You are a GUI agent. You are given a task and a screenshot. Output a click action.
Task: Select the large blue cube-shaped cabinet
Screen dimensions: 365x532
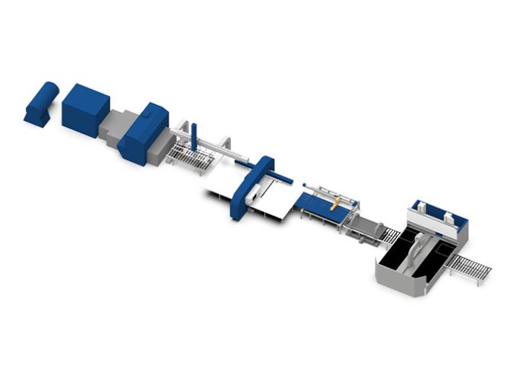[x=85, y=109]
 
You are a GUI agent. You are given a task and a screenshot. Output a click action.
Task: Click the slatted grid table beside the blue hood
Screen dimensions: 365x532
[x=190, y=156]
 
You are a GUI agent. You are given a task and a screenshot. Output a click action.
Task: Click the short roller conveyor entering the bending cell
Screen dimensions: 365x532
[x=388, y=236]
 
